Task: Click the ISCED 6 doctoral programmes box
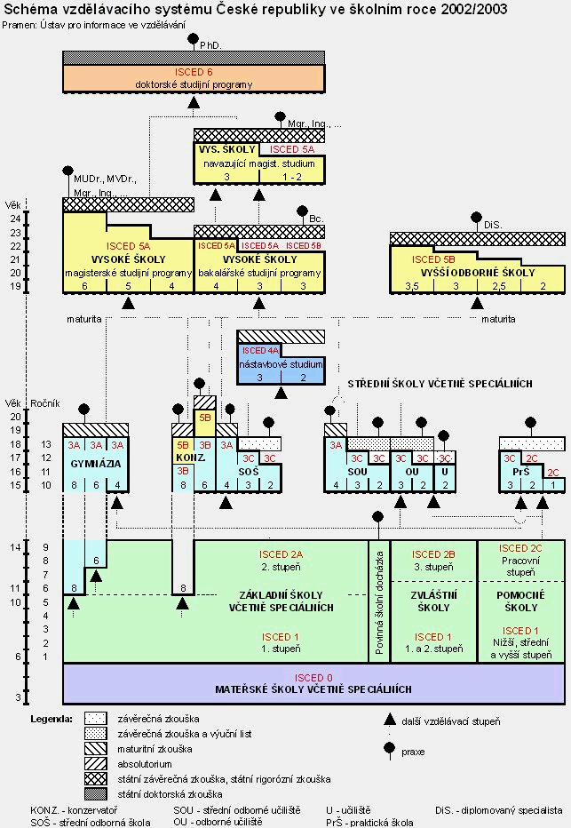click(x=194, y=77)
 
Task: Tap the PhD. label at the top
click(x=210, y=44)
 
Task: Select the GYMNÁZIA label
click(x=95, y=464)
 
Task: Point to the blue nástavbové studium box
click(x=280, y=364)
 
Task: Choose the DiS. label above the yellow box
click(x=493, y=227)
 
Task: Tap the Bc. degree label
click(x=316, y=218)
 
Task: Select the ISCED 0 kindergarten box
click(x=315, y=682)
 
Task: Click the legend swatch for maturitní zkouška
click(x=96, y=748)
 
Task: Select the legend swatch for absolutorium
click(x=96, y=763)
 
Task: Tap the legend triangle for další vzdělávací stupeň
click(x=388, y=721)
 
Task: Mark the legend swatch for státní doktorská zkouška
click(x=96, y=793)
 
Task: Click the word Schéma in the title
click(x=30, y=8)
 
